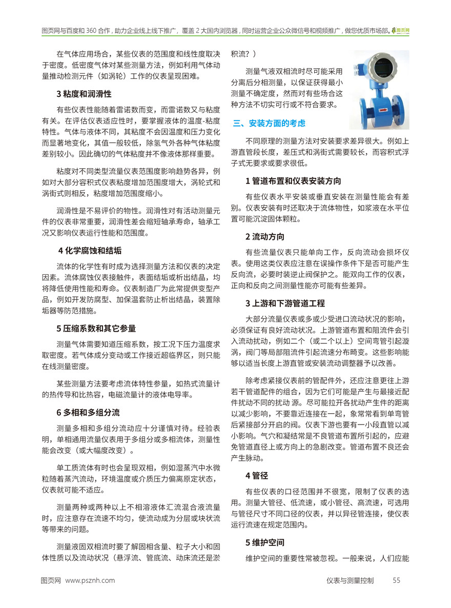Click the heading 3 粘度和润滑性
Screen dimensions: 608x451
click(x=84, y=94)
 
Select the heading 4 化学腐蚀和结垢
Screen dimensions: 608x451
click(x=90, y=251)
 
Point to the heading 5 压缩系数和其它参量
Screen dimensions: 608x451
click(x=96, y=329)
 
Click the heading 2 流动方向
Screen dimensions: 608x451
click(x=264, y=236)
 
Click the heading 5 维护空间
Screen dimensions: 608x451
click(x=264, y=541)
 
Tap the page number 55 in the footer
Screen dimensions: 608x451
click(x=396, y=580)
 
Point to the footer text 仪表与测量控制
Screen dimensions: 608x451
click(x=350, y=580)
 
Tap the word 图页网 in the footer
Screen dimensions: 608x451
click(x=51, y=580)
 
